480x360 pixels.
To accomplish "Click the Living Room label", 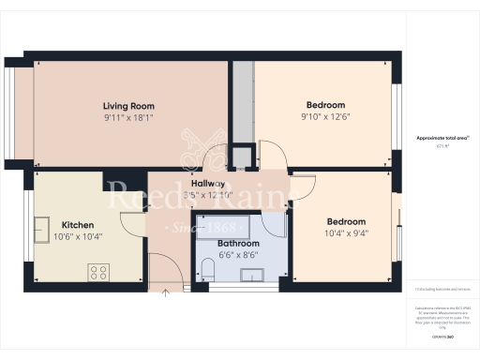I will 128,106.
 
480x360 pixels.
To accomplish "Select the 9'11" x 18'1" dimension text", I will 128,118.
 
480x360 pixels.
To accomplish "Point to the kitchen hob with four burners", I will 99,272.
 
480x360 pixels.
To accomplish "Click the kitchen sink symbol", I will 43,228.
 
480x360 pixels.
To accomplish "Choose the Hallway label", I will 207,184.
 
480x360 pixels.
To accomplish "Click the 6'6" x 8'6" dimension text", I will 225,255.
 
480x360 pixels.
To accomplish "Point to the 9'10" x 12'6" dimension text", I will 325,116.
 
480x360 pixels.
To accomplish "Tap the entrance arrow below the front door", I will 165,292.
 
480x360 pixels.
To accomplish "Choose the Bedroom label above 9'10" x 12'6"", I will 325,104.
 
